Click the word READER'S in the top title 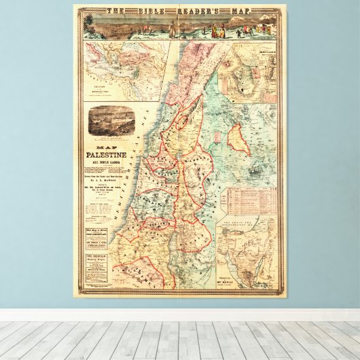coord(204,10)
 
